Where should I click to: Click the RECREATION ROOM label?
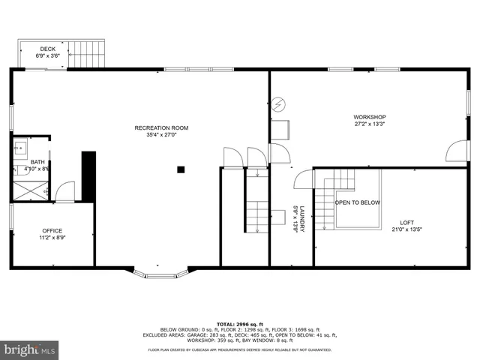[161, 128]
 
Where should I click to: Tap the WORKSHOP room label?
[369, 117]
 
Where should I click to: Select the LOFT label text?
[406, 223]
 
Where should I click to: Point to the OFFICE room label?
[52, 230]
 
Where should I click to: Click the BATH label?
[37, 162]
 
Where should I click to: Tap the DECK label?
[48, 49]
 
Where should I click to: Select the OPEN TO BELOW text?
[357, 202]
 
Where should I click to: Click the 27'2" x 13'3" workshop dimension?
[369, 124]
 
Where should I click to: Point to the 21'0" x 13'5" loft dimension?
[406, 229]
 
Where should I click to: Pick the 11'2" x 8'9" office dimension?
[52, 238]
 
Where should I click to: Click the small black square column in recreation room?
[181, 170]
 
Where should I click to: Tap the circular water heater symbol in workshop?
[278, 103]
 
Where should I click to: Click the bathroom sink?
[20, 148]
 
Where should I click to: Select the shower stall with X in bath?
[29, 190]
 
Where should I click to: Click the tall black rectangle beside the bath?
[88, 176]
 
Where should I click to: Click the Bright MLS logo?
[29, 349]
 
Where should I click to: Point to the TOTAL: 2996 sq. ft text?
[239, 322]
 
